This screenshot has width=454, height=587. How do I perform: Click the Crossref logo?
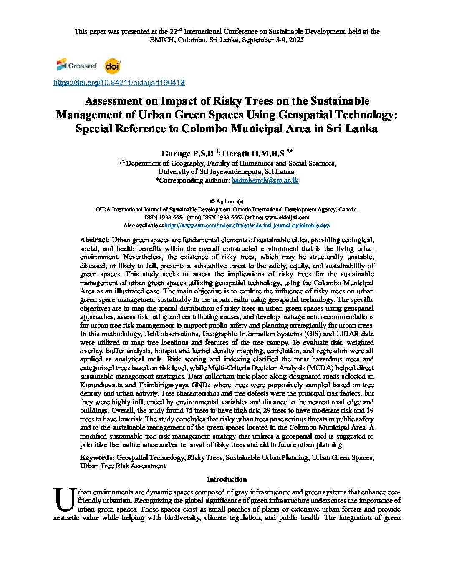[x=76, y=65]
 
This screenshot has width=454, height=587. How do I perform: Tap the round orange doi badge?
[x=112, y=66]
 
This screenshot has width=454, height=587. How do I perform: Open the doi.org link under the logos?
[x=119, y=83]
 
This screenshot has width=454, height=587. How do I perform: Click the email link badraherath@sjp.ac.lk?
[x=265, y=180]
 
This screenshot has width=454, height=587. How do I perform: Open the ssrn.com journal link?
[x=247, y=225]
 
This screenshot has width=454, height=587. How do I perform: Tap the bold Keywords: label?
[x=97, y=457]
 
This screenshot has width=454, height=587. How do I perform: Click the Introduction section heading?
[x=227, y=479]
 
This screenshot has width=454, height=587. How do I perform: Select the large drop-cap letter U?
[x=64, y=500]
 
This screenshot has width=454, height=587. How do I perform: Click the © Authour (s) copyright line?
[x=227, y=201]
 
